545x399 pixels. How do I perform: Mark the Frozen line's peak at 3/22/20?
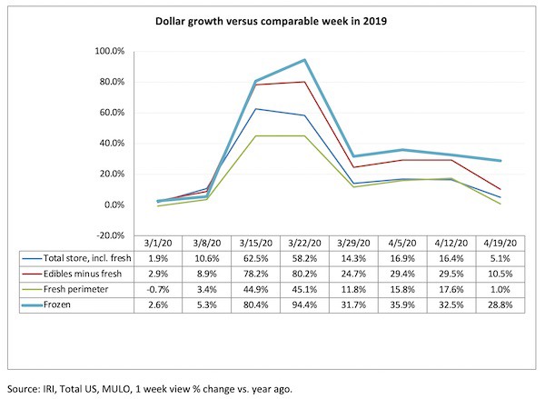pos(303,60)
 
